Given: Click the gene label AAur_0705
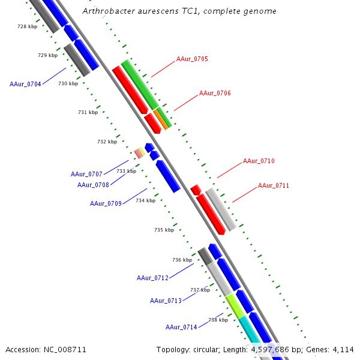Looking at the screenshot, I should click(192, 59).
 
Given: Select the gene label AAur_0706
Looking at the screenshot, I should click(215, 94).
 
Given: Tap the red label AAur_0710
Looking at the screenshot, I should click(259, 161).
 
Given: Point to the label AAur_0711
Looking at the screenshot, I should click(274, 186).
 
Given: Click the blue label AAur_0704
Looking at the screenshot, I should click(25, 85).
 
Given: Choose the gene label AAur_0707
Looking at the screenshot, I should click(86, 174).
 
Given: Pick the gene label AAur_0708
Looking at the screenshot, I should click(93, 185).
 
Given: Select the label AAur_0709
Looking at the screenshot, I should click(106, 204).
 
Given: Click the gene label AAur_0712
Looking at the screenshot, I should click(152, 278).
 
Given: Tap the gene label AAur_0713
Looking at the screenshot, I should click(166, 301).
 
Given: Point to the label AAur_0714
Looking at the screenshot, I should click(181, 328).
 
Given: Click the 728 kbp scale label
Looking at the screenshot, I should click(27, 27).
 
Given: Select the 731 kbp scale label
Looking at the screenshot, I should click(88, 113).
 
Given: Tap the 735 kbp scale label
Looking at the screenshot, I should click(164, 230).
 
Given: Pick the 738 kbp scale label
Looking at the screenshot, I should click(218, 320).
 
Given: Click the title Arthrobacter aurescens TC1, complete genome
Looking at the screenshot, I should click(179, 11).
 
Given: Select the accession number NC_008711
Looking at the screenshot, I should click(46, 349).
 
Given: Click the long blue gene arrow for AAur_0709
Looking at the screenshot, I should click(168, 176).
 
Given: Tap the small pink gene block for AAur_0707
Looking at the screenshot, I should click(138, 154).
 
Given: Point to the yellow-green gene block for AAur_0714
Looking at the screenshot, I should click(235, 306).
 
